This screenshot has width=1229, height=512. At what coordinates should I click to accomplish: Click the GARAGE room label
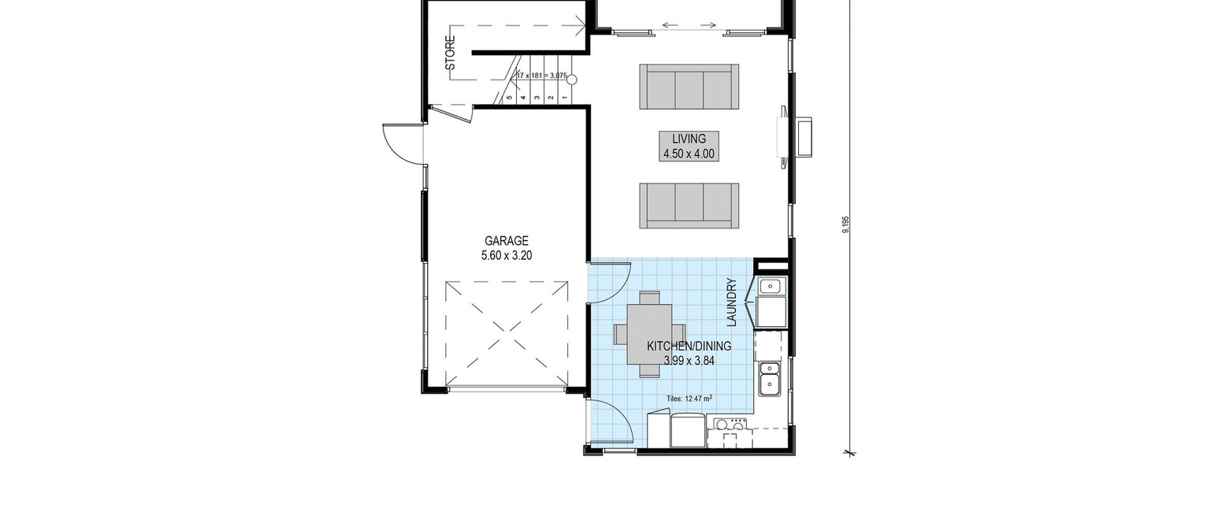click(506, 241)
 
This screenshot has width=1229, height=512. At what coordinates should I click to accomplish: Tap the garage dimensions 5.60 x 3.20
click(507, 255)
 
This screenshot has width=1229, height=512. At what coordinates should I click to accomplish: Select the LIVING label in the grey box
click(689, 139)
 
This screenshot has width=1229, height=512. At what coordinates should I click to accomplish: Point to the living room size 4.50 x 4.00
click(689, 154)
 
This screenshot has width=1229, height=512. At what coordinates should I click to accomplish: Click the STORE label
click(450, 54)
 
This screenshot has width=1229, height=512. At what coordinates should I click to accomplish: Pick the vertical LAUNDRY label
click(731, 302)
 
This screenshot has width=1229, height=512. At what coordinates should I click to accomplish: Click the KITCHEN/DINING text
click(689, 347)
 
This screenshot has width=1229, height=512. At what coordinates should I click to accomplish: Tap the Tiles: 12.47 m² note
click(689, 399)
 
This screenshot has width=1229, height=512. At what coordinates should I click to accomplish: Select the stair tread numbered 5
click(510, 98)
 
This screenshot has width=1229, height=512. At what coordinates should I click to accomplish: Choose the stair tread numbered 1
click(565, 98)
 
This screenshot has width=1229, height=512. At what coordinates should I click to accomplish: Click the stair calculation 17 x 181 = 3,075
click(541, 76)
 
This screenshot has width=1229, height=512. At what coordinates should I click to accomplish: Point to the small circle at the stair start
click(572, 80)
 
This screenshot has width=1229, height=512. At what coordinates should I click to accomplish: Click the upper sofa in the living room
click(689, 86)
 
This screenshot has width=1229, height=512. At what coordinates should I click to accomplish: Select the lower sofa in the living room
click(689, 206)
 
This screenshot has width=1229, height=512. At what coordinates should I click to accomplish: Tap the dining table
click(650, 334)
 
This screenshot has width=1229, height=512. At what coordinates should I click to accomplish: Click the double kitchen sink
click(770, 378)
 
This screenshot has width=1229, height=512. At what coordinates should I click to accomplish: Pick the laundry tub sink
click(770, 286)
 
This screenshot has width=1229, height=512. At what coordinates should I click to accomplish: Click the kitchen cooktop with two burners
click(730, 424)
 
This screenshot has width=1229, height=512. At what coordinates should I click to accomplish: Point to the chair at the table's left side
click(621, 334)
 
